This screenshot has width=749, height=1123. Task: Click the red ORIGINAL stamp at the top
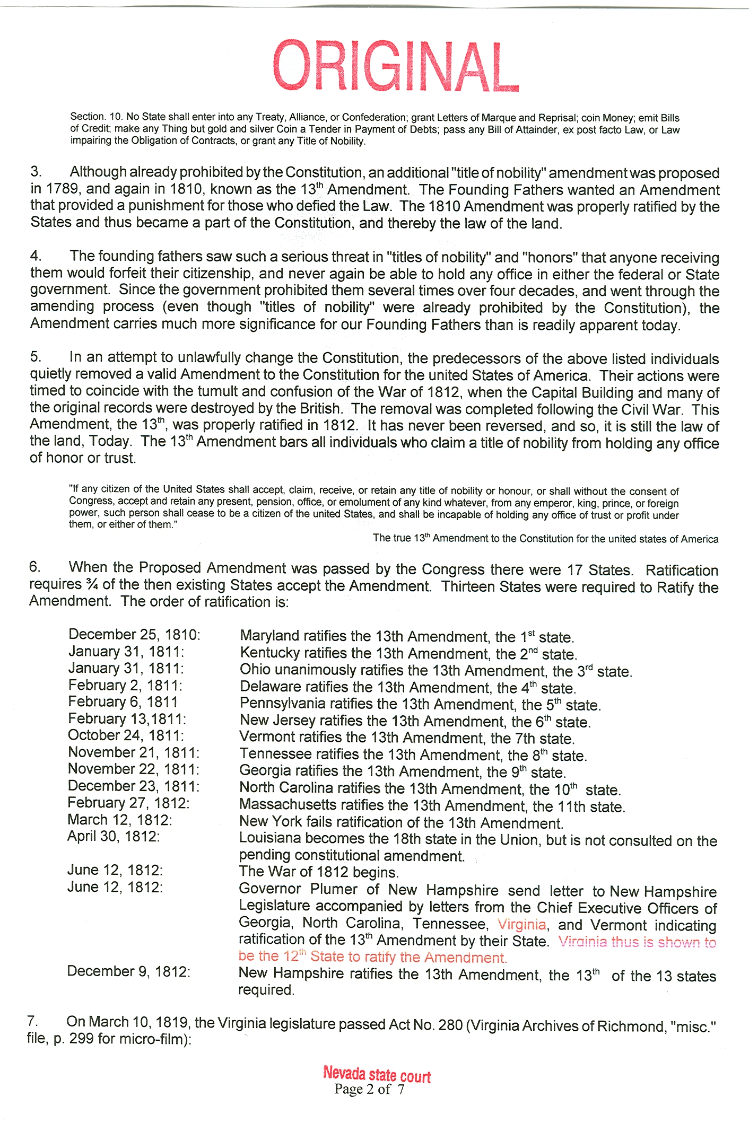[396, 66]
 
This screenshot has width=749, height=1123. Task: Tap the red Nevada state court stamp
[377, 1074]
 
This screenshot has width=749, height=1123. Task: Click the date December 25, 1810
[134, 634]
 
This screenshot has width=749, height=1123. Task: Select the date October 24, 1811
[126, 735]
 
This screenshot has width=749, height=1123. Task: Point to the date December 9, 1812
[128, 971]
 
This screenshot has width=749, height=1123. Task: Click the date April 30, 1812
[113, 836]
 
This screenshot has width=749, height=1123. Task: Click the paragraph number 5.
[35, 357]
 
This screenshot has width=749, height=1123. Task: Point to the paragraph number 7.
[32, 1022]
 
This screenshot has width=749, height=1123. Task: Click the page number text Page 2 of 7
[369, 1090]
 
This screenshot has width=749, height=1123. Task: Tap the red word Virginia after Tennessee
[521, 924]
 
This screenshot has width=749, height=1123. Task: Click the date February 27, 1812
[128, 803]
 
